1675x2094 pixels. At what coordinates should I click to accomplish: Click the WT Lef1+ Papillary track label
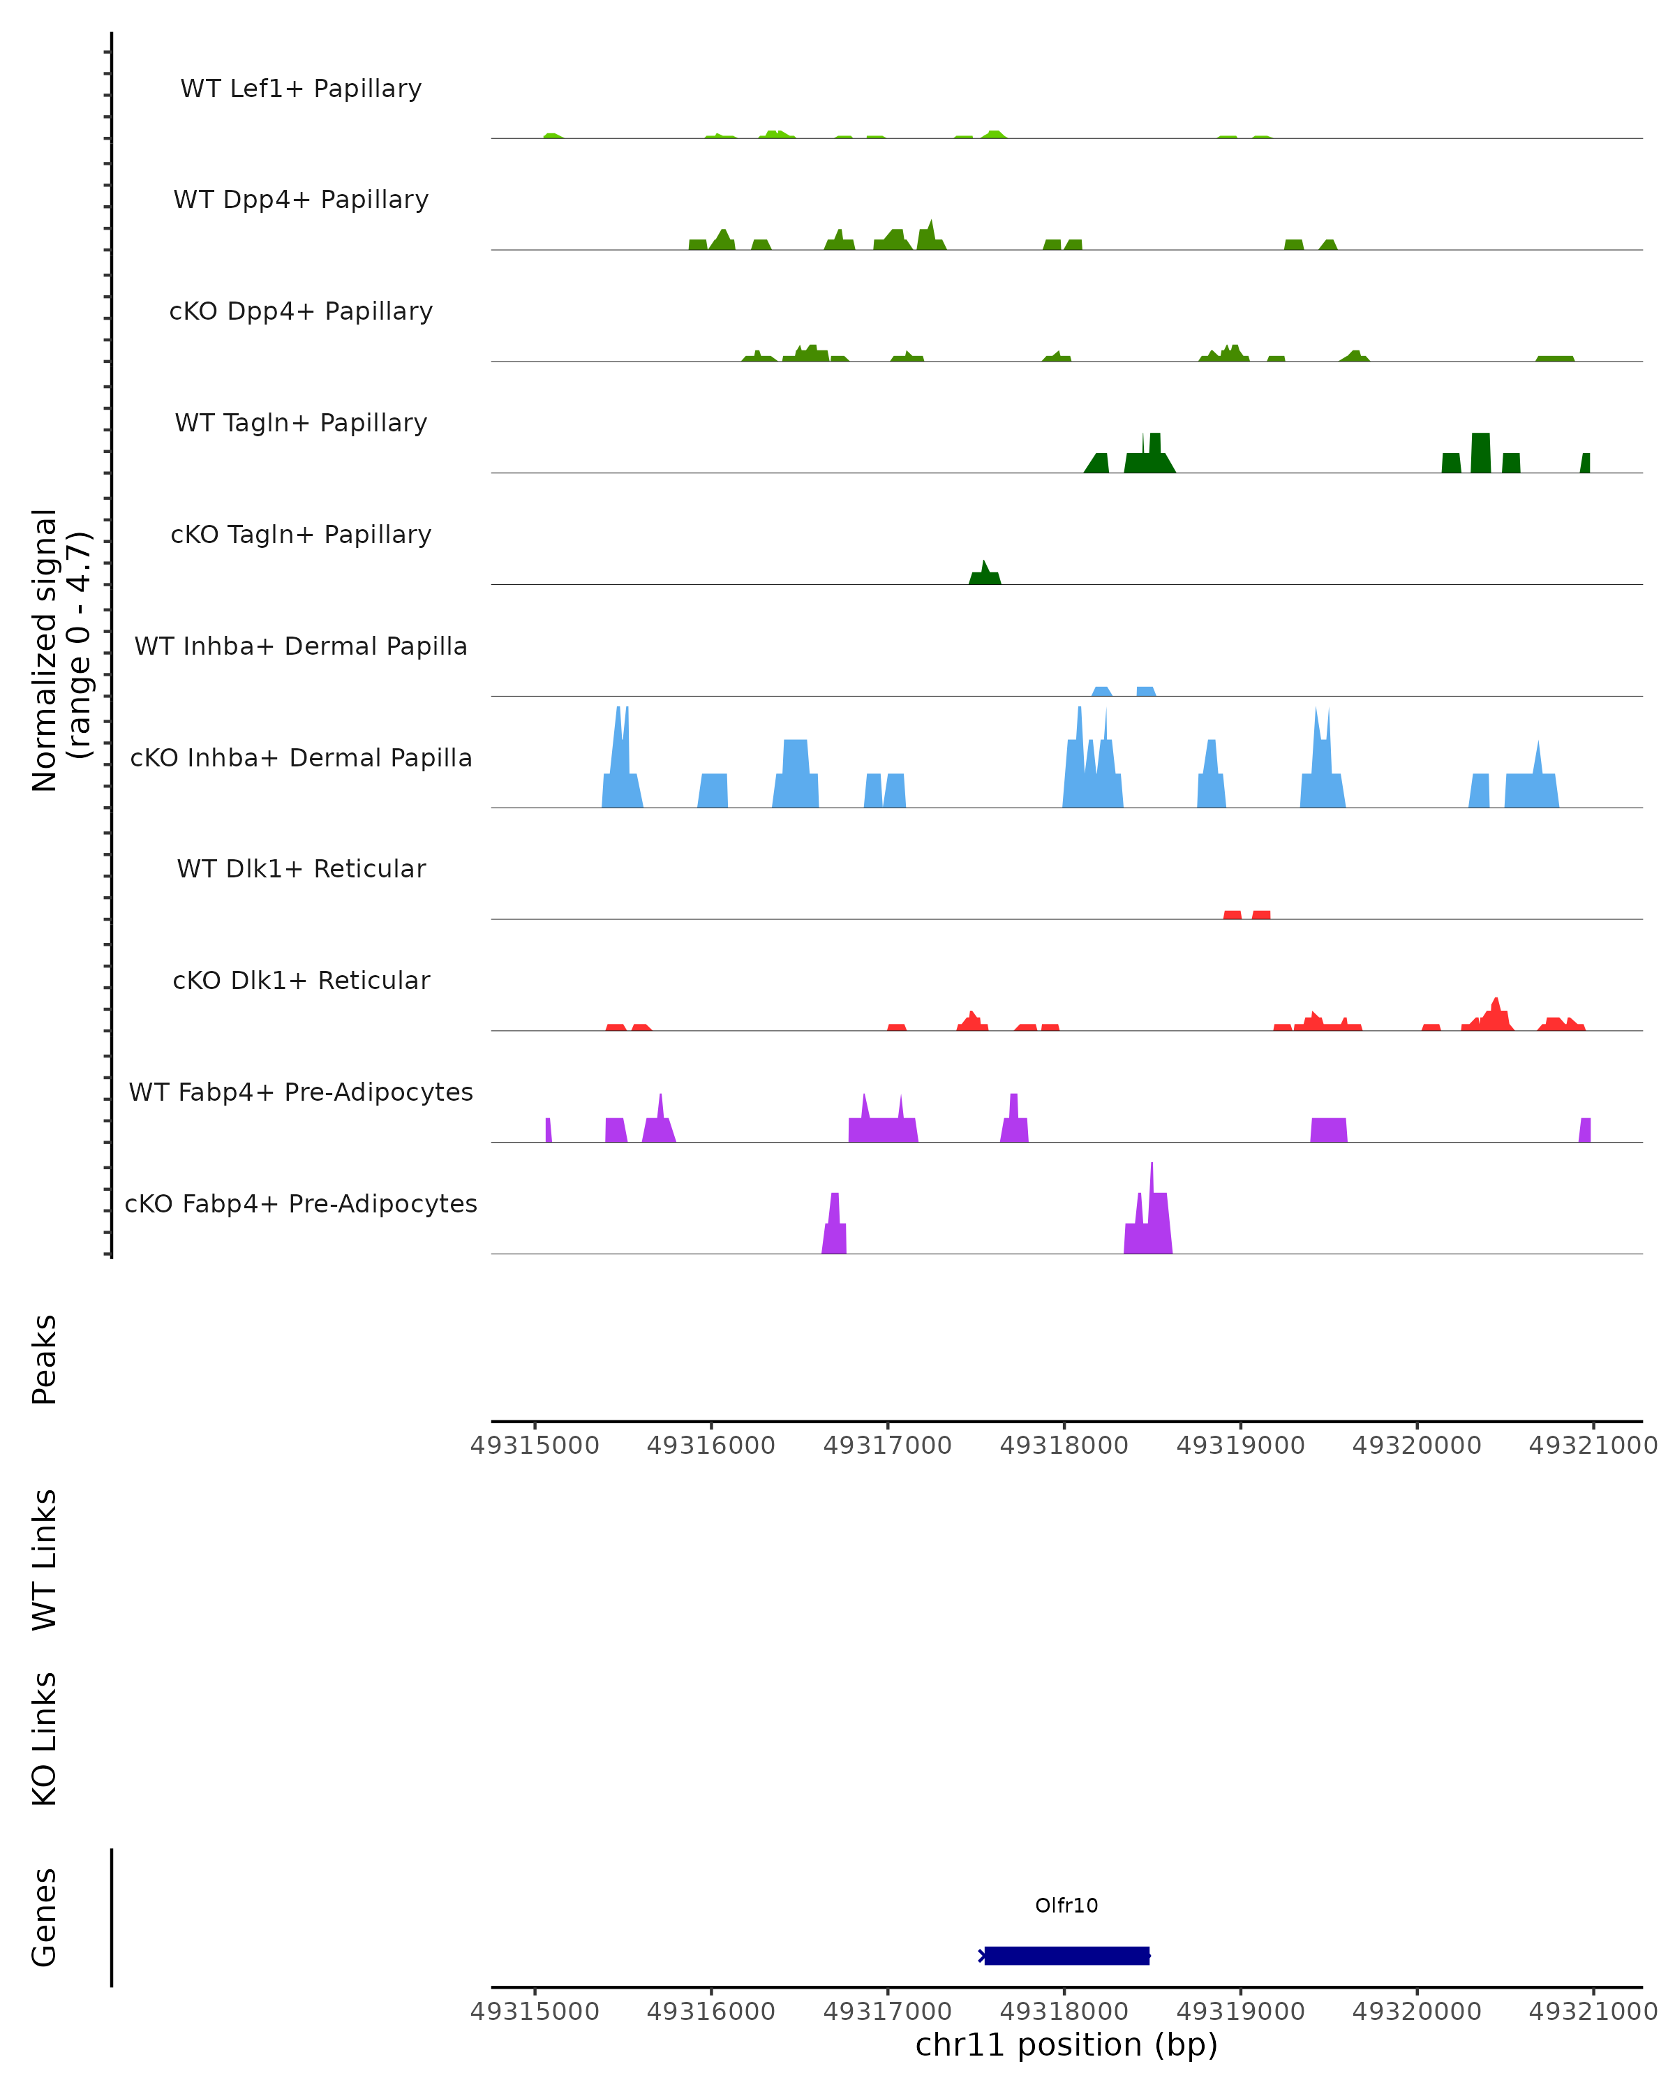tap(301, 89)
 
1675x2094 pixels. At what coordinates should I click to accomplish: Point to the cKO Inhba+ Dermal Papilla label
tap(301, 757)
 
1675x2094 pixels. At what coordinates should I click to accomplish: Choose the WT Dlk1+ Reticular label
tap(301, 868)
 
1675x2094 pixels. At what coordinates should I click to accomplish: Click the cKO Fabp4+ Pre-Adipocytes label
tap(301, 1203)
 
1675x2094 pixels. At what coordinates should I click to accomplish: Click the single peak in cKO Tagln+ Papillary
tap(985, 574)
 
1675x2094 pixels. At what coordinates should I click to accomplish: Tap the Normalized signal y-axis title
tap(60, 648)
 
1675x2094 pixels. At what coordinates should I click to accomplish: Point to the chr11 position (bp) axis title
tap(1065, 2044)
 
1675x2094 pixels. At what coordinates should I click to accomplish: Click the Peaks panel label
tap(45, 1359)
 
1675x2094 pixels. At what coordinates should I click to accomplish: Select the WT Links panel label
tap(45, 1559)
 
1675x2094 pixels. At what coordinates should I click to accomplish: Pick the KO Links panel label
tap(45, 1739)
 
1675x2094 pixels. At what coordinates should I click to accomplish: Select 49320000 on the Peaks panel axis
tap(1416, 1446)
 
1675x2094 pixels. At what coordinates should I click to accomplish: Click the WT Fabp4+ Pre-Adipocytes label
tap(301, 1092)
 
